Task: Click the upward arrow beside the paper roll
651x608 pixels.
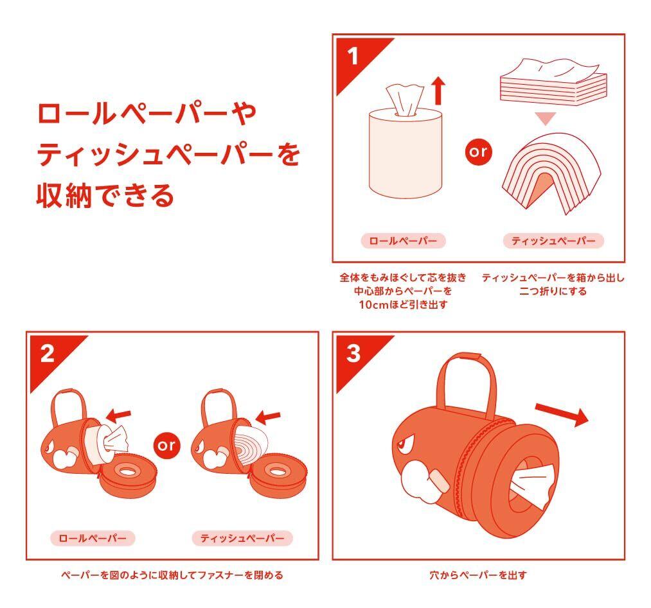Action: coord(438,91)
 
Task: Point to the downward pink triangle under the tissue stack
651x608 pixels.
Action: coord(546,118)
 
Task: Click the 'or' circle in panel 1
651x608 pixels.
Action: coord(478,152)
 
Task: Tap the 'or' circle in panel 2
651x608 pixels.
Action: coord(167,446)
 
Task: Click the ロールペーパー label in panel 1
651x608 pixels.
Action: coord(403,241)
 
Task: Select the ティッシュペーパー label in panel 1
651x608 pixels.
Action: coord(553,241)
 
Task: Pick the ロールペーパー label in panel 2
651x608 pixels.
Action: coord(93,538)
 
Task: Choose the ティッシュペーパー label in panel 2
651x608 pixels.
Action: coord(242,538)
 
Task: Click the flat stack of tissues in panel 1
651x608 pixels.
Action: coord(553,82)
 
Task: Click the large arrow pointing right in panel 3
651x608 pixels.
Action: coord(562,414)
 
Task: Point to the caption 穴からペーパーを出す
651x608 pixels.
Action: coord(478,575)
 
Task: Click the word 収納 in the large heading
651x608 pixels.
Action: coord(64,195)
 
